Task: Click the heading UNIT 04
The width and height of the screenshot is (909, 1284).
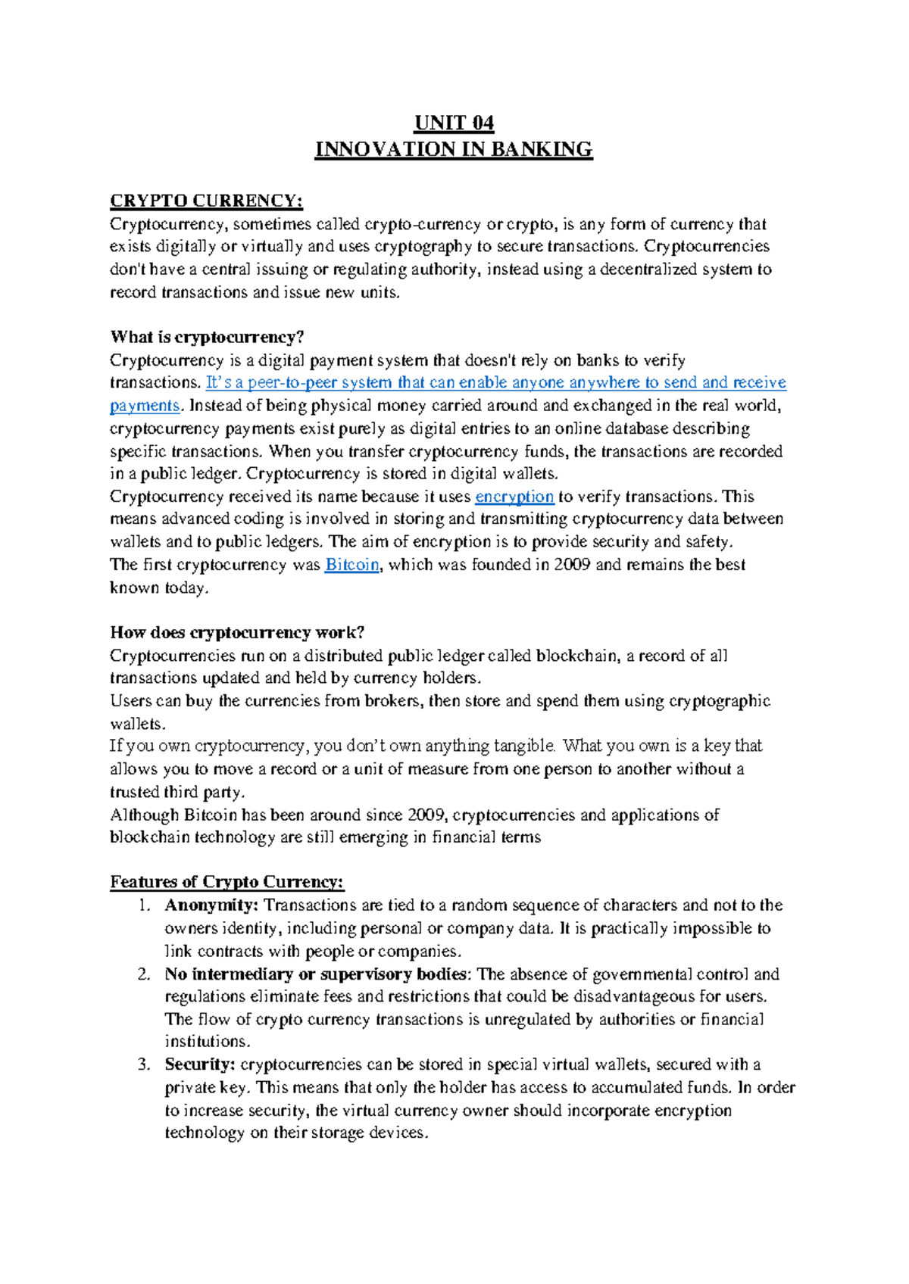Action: pos(454,123)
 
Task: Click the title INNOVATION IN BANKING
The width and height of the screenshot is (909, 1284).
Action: pos(454,149)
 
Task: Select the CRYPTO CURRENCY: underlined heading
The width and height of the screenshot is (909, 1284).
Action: pos(206,201)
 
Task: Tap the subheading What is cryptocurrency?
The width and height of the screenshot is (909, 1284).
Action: pos(207,337)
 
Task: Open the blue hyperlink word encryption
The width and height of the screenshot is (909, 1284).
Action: pos(514,497)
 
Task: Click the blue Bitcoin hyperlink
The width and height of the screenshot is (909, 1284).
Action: pos(351,565)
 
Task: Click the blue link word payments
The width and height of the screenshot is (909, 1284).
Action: pos(145,406)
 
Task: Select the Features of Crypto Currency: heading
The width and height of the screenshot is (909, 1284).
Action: pos(226,882)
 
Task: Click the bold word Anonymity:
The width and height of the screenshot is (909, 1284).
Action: pos(211,905)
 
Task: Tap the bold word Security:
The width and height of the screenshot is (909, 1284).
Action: pos(200,1064)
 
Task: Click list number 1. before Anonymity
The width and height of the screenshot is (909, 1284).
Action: pos(145,905)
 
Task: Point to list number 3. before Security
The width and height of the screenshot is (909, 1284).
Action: pos(145,1064)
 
